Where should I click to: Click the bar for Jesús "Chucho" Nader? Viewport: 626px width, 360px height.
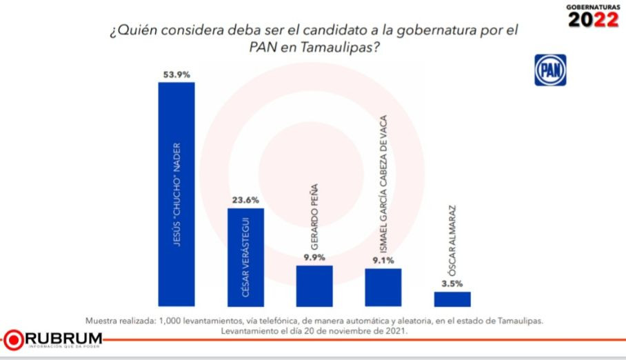coord(176,194)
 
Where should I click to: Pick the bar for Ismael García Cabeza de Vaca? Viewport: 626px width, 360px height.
coord(383,287)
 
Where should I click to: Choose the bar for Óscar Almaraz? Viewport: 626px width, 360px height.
coord(452,299)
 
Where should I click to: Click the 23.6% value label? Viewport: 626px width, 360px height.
coord(245,201)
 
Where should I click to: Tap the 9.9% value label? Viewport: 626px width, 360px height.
coord(314,258)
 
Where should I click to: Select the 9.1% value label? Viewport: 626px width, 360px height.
coord(383,261)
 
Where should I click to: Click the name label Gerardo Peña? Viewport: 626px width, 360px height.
coord(314,217)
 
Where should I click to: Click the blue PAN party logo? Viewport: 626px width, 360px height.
coord(549,70)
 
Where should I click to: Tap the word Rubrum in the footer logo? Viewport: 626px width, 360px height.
coord(63,337)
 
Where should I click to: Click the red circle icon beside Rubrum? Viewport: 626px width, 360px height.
coord(13,339)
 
